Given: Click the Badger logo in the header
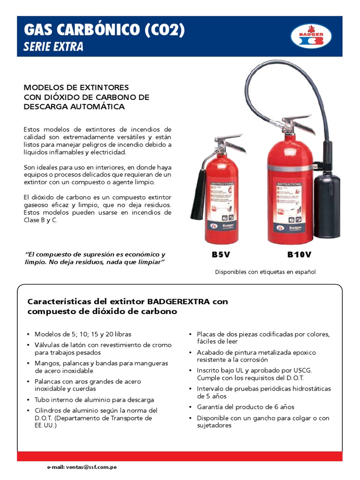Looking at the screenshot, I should [311, 36].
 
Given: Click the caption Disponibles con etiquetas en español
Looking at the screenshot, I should [265, 272].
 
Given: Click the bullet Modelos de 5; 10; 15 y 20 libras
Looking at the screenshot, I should [82, 334].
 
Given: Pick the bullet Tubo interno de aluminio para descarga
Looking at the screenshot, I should [94, 400].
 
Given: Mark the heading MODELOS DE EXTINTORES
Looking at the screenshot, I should [76, 88].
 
